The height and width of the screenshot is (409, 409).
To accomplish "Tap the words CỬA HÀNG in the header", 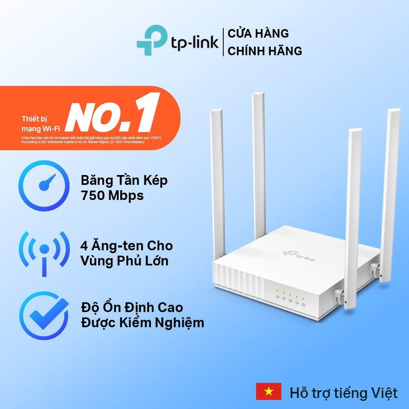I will pos(258,33).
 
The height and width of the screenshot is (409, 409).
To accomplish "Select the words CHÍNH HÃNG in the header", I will pos(265,51).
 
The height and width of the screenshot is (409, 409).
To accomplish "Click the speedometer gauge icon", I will pos(44,188).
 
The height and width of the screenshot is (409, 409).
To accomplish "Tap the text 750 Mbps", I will pos(112,196).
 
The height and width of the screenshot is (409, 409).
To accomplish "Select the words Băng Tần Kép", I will pos(124,180).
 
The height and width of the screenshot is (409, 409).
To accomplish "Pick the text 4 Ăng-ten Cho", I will pos(126,246).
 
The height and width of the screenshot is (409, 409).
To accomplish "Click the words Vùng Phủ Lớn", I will pos(124,261).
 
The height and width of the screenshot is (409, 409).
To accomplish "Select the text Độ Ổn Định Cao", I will pos(132,307).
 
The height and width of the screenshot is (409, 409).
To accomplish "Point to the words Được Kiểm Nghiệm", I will pos(142,323).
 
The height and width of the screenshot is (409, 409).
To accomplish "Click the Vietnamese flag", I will pos(268,391).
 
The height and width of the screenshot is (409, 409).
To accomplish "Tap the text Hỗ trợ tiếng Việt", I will pos(344,393).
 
